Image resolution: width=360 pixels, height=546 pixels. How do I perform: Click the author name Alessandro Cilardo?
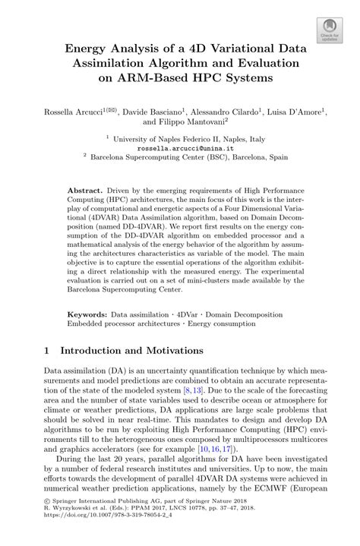[223, 110]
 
